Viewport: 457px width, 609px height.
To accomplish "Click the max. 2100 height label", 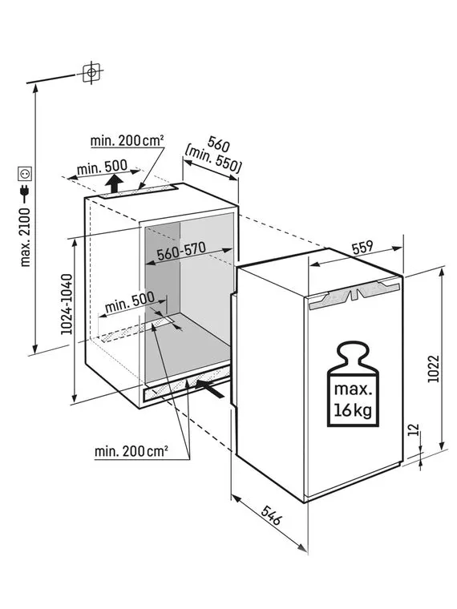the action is pyautogui.click(x=25, y=237).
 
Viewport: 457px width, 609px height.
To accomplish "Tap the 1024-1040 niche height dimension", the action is pyautogui.click(x=67, y=304).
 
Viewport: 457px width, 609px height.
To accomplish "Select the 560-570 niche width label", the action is pyautogui.click(x=181, y=251).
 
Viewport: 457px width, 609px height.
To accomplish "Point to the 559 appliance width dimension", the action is pyautogui.click(x=362, y=248).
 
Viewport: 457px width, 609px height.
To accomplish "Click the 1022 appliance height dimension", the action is pyautogui.click(x=434, y=369).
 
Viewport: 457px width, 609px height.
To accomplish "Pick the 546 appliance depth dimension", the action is pyautogui.click(x=271, y=514).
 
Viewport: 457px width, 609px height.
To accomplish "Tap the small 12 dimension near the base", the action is pyautogui.click(x=415, y=430).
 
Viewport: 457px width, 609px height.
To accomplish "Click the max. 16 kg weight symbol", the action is pyautogui.click(x=353, y=384).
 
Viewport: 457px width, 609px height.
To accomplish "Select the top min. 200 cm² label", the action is pyautogui.click(x=127, y=140).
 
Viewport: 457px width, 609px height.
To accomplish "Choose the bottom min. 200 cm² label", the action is pyautogui.click(x=131, y=451).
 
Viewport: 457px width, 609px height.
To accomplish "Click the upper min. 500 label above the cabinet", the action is pyautogui.click(x=102, y=167).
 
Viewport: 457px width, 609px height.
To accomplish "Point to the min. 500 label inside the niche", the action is pyautogui.click(x=130, y=302).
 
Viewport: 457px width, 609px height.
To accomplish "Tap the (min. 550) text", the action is pyautogui.click(x=213, y=159).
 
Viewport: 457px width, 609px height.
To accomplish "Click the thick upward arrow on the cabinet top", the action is pyautogui.click(x=114, y=184).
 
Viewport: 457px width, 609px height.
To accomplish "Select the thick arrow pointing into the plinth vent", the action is pyautogui.click(x=210, y=389).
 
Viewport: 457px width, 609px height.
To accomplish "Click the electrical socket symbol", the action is pyautogui.click(x=25, y=174).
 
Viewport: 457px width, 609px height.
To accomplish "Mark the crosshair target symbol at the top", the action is pyautogui.click(x=91, y=73).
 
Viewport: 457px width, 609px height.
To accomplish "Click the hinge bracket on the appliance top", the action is pyautogui.click(x=355, y=294).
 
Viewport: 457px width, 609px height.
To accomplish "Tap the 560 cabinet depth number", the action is pyautogui.click(x=218, y=143).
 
